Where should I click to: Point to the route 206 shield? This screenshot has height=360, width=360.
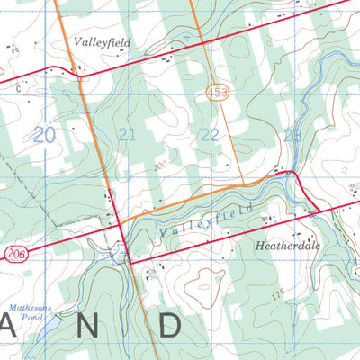click(x=13, y=255)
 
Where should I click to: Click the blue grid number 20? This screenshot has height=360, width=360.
click(x=44, y=135)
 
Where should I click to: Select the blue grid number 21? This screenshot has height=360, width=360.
click(x=128, y=135)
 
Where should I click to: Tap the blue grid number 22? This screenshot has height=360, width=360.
click(x=209, y=135)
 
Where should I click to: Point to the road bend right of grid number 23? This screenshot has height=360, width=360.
click(x=293, y=171)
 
